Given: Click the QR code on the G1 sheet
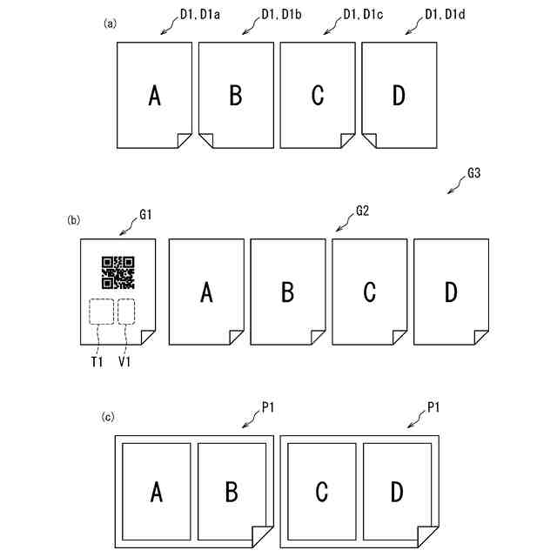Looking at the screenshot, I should click(118, 272).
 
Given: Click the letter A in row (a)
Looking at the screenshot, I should click(154, 96).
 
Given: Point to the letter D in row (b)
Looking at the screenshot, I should click(450, 293).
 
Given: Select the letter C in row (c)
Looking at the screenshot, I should click(321, 493).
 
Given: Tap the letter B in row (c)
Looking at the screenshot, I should click(232, 493).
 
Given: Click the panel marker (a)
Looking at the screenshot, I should click(110, 23).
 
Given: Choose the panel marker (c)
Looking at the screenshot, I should click(109, 418).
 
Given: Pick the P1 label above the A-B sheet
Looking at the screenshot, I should click(267, 406).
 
